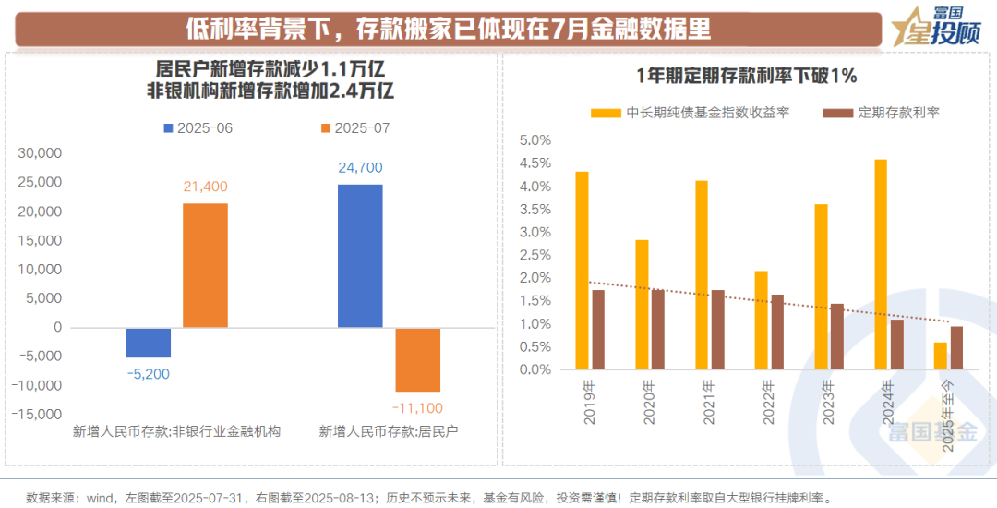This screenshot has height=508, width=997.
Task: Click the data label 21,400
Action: coord(205,187)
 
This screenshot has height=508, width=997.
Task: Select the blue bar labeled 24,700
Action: coord(360,256)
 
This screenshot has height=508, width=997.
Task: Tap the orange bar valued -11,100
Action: coord(417,359)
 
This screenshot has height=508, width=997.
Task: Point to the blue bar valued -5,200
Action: coord(149,343)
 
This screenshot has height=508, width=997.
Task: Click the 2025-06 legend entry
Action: coord(198,127)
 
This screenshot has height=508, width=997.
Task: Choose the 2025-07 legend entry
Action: coord(355,127)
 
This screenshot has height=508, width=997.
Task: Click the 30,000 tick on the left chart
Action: coord(40,154)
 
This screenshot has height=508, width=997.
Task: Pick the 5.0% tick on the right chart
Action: coord(535,140)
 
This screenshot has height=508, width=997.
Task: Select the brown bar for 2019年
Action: coord(598,330)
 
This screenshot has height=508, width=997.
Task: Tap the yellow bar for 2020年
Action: coord(642,305)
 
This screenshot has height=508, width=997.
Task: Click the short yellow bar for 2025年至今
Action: coord(940,357)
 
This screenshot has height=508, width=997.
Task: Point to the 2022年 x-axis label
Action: coord(765,403)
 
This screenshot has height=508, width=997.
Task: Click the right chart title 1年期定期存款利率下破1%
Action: coord(748,76)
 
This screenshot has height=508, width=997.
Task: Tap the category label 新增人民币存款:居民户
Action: coord(389,431)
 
